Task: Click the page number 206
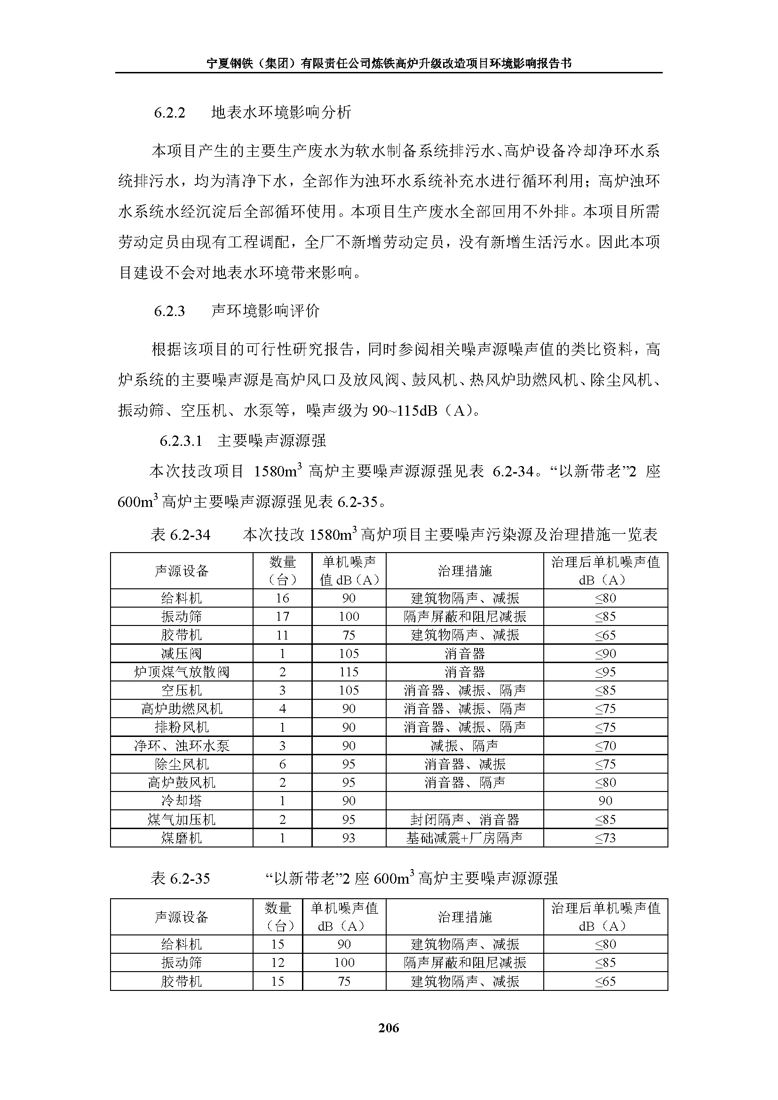388,1028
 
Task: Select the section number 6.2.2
169,112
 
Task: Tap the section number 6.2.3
169,311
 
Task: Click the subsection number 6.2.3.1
181,441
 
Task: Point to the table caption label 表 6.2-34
180,535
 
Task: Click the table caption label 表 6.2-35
180,878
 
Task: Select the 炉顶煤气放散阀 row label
182,672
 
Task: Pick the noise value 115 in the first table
349,672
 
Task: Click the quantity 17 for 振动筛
282,617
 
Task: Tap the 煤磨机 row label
182,838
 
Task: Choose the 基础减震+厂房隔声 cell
464,838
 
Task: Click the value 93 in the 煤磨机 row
349,838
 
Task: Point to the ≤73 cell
605,838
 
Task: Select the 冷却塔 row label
182,800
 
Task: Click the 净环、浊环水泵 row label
182,746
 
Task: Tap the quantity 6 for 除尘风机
282,764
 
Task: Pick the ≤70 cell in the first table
605,746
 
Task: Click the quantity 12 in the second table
278,963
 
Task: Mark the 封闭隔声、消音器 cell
464,820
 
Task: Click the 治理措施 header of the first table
464,570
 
